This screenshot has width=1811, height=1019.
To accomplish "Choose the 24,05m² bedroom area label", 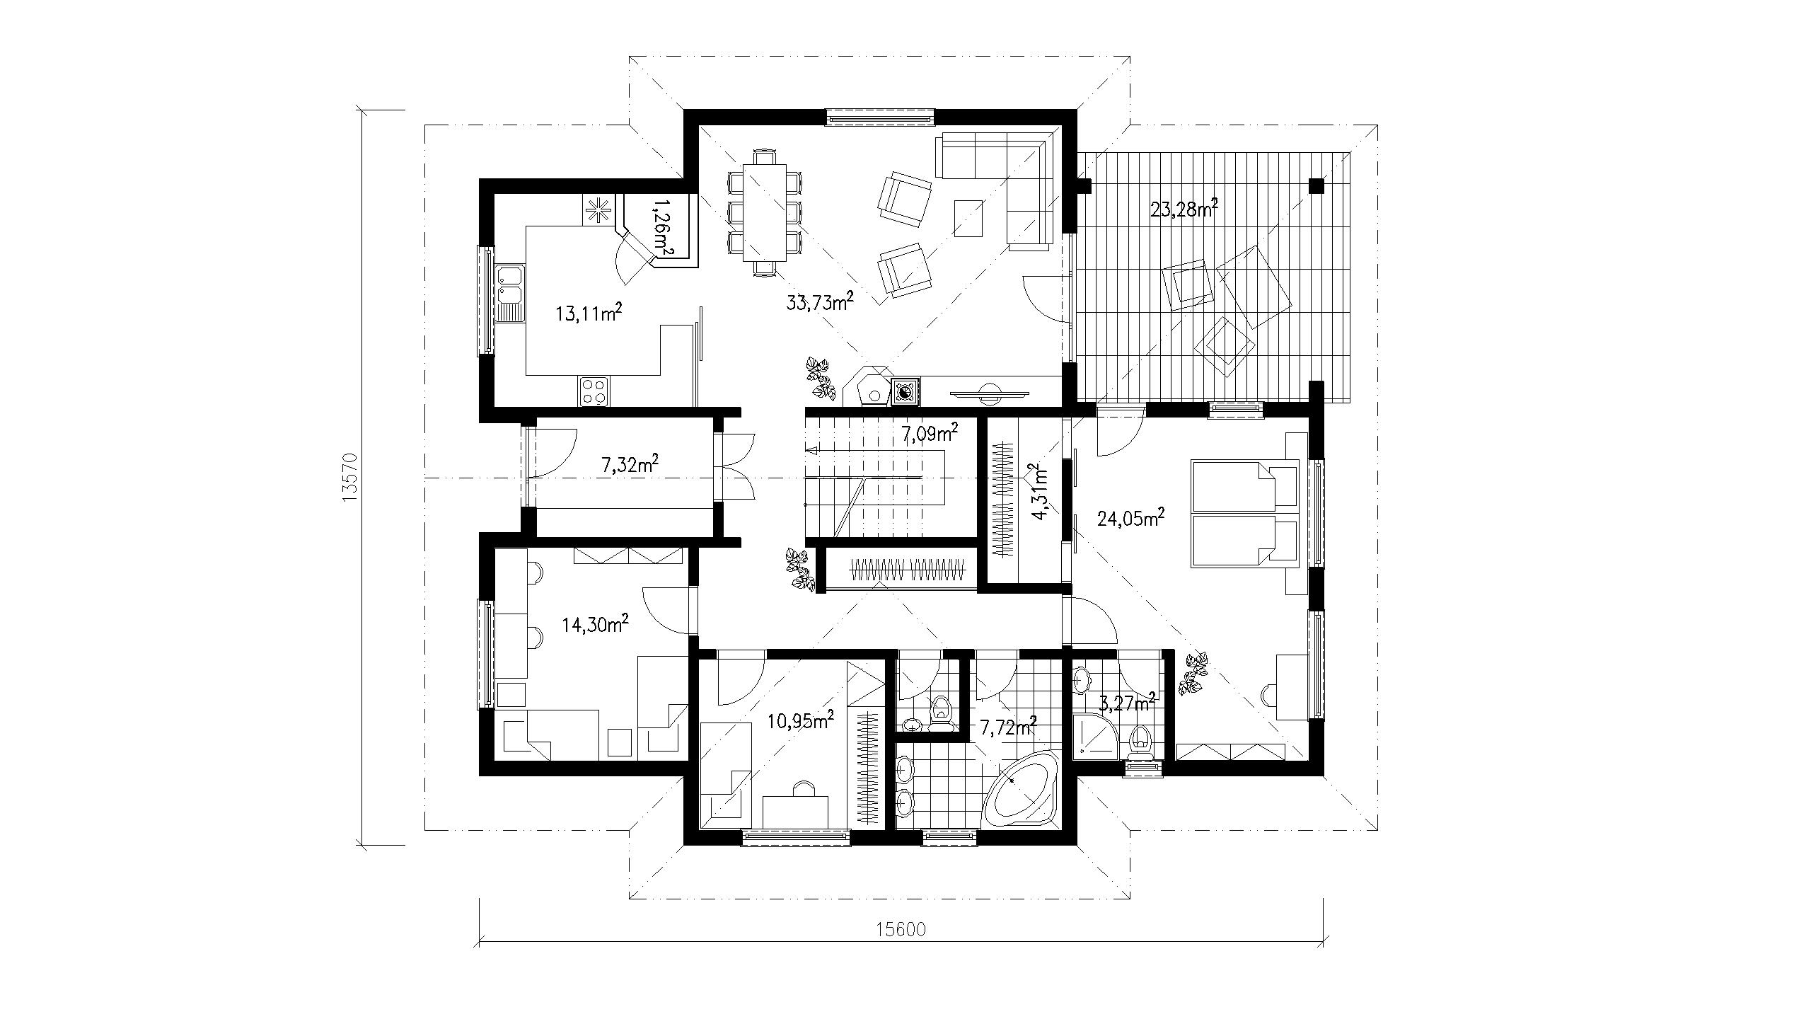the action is click(x=1130, y=519).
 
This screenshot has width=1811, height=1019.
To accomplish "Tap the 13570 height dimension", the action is click(x=348, y=478).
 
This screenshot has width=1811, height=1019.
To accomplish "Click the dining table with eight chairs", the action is click(x=764, y=213).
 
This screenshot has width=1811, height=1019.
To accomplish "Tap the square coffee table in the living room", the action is click(x=968, y=218).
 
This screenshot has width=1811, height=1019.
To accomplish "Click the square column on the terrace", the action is click(x=1316, y=186).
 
